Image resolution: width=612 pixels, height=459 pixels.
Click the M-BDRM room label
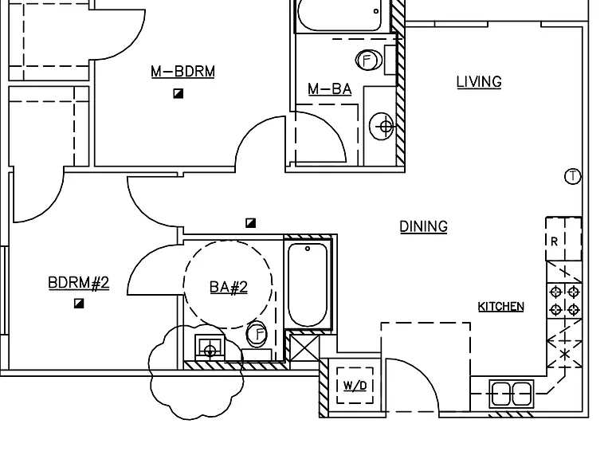tap(182, 72)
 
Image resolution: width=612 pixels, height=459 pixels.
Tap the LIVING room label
tap(479, 82)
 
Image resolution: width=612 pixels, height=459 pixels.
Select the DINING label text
tap(423, 227)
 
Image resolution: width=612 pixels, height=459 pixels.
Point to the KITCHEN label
tap(500, 307)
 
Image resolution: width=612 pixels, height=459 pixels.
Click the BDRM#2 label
tap(78, 283)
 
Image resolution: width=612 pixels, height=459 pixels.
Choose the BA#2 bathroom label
tap(229, 287)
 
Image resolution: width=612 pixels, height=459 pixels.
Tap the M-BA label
tap(329, 89)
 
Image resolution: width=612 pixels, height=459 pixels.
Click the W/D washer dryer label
tap(355, 386)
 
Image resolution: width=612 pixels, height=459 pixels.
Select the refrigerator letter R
tap(555, 241)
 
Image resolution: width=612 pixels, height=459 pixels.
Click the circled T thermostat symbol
tap(573, 176)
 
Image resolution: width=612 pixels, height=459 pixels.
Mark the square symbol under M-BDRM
tap(178, 94)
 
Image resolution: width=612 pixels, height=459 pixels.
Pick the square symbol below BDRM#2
tap(79, 304)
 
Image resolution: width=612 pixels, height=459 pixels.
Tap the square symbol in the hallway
tap(250, 223)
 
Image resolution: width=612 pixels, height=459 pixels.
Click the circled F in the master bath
tap(367, 61)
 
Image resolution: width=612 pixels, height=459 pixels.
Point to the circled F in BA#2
tap(257, 334)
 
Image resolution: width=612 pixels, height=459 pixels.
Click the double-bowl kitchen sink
tap(512, 394)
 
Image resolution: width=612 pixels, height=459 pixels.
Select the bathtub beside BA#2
tap(308, 284)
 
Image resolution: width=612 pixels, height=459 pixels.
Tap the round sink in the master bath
tap(382, 126)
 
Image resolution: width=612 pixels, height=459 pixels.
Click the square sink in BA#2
tap(210, 347)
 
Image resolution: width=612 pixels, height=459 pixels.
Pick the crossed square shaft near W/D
tap(304, 347)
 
